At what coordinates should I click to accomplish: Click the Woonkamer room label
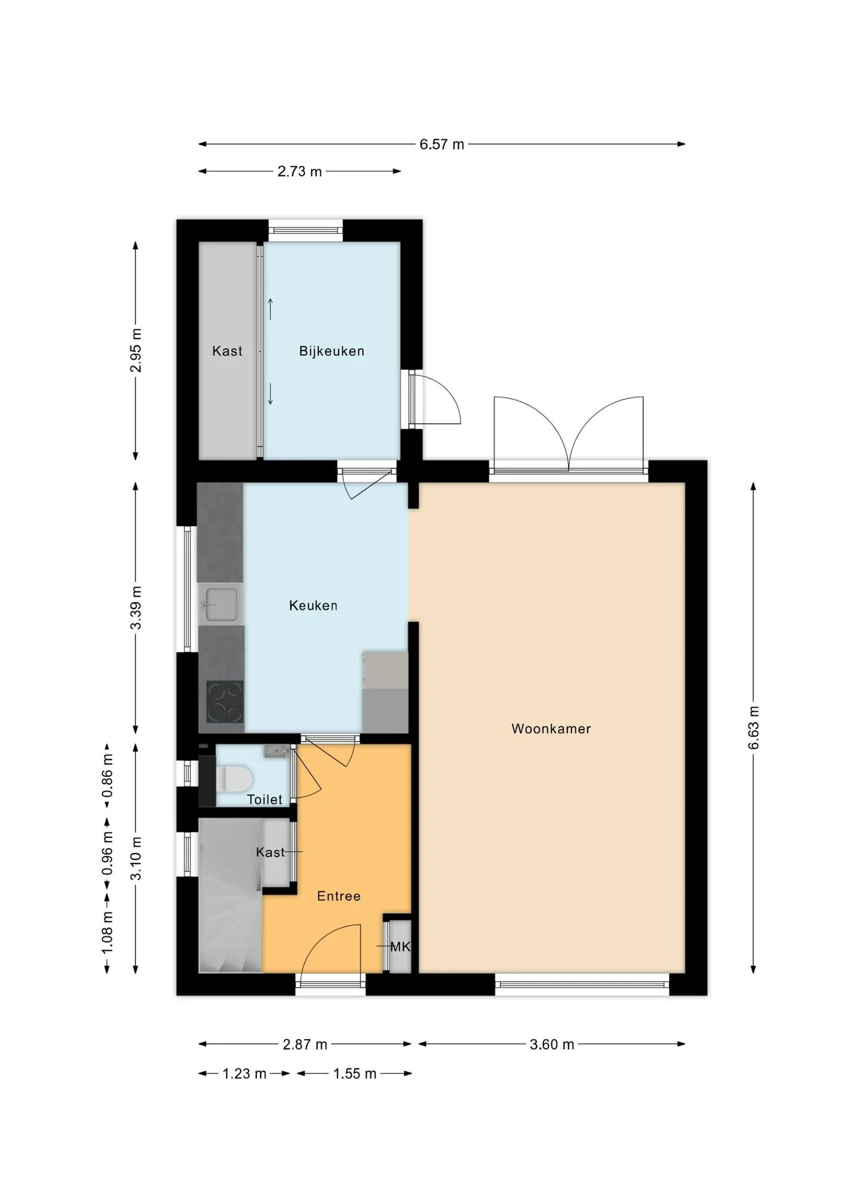pos(551,729)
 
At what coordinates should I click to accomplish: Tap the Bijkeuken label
pos(331,351)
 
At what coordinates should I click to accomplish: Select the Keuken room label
pos(313,606)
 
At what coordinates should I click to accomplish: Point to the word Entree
pos(339,896)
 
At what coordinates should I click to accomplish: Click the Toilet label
pos(265,799)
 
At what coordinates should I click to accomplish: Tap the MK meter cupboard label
pos(400,947)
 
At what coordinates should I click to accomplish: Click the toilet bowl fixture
pos(235,778)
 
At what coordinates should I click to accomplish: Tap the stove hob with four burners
pos(225,702)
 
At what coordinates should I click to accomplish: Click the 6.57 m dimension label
pos(441,145)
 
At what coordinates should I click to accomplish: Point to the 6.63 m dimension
pos(754,727)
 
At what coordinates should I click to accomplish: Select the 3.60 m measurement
pos(552,1044)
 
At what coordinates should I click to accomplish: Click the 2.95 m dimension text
pos(136,351)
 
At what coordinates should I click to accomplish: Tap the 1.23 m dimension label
pos(244,1074)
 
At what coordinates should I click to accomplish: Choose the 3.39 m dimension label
pos(136,607)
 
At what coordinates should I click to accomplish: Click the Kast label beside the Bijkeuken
pos(228,351)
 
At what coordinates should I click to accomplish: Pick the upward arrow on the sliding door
pos(271,309)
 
